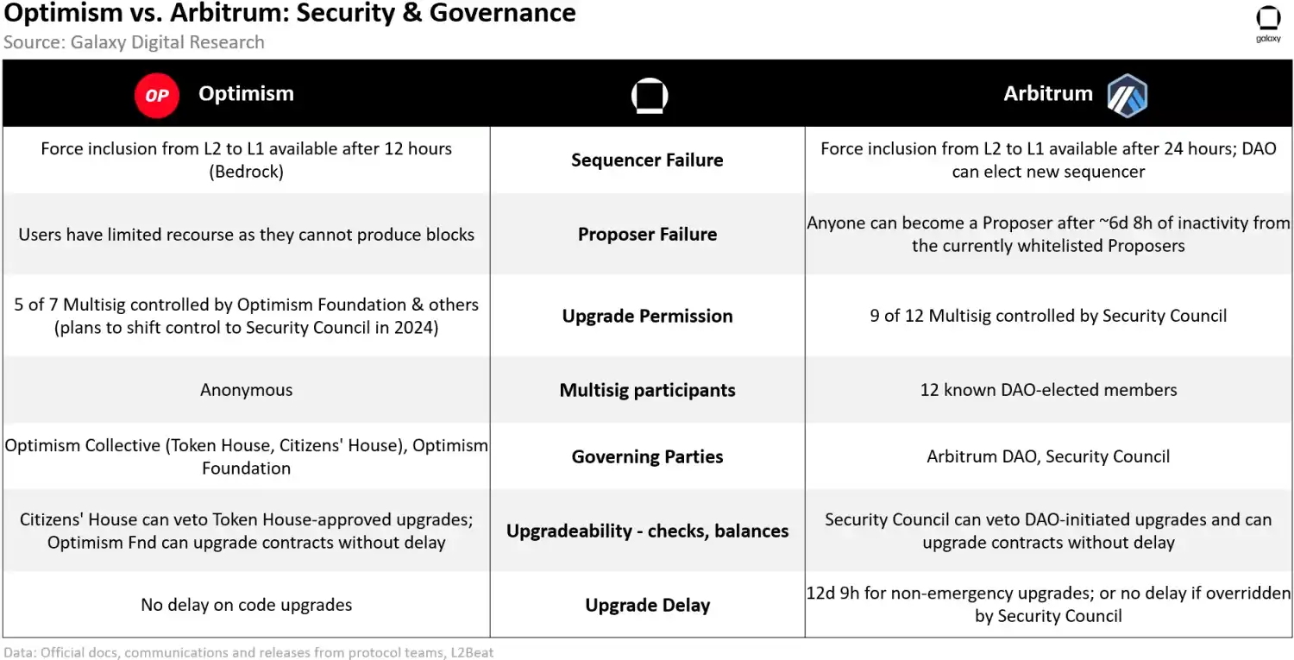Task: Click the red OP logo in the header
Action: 157,95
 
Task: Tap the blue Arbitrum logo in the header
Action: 1128,95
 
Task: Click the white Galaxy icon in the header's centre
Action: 649,96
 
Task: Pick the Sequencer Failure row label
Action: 647,160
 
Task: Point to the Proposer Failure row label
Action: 647,234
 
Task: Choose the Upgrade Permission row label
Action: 647,316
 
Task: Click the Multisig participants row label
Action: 647,390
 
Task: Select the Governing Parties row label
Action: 647,456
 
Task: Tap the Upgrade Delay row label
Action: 647,605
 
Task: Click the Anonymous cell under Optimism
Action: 247,390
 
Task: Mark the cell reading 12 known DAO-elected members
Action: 1048,390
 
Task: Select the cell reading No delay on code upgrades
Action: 247,605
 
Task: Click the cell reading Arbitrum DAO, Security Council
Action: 1048,456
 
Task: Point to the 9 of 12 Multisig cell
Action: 1048,316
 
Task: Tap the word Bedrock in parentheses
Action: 247,171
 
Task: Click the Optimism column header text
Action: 246,94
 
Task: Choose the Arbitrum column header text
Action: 1047,94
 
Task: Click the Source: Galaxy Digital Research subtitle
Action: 134,42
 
